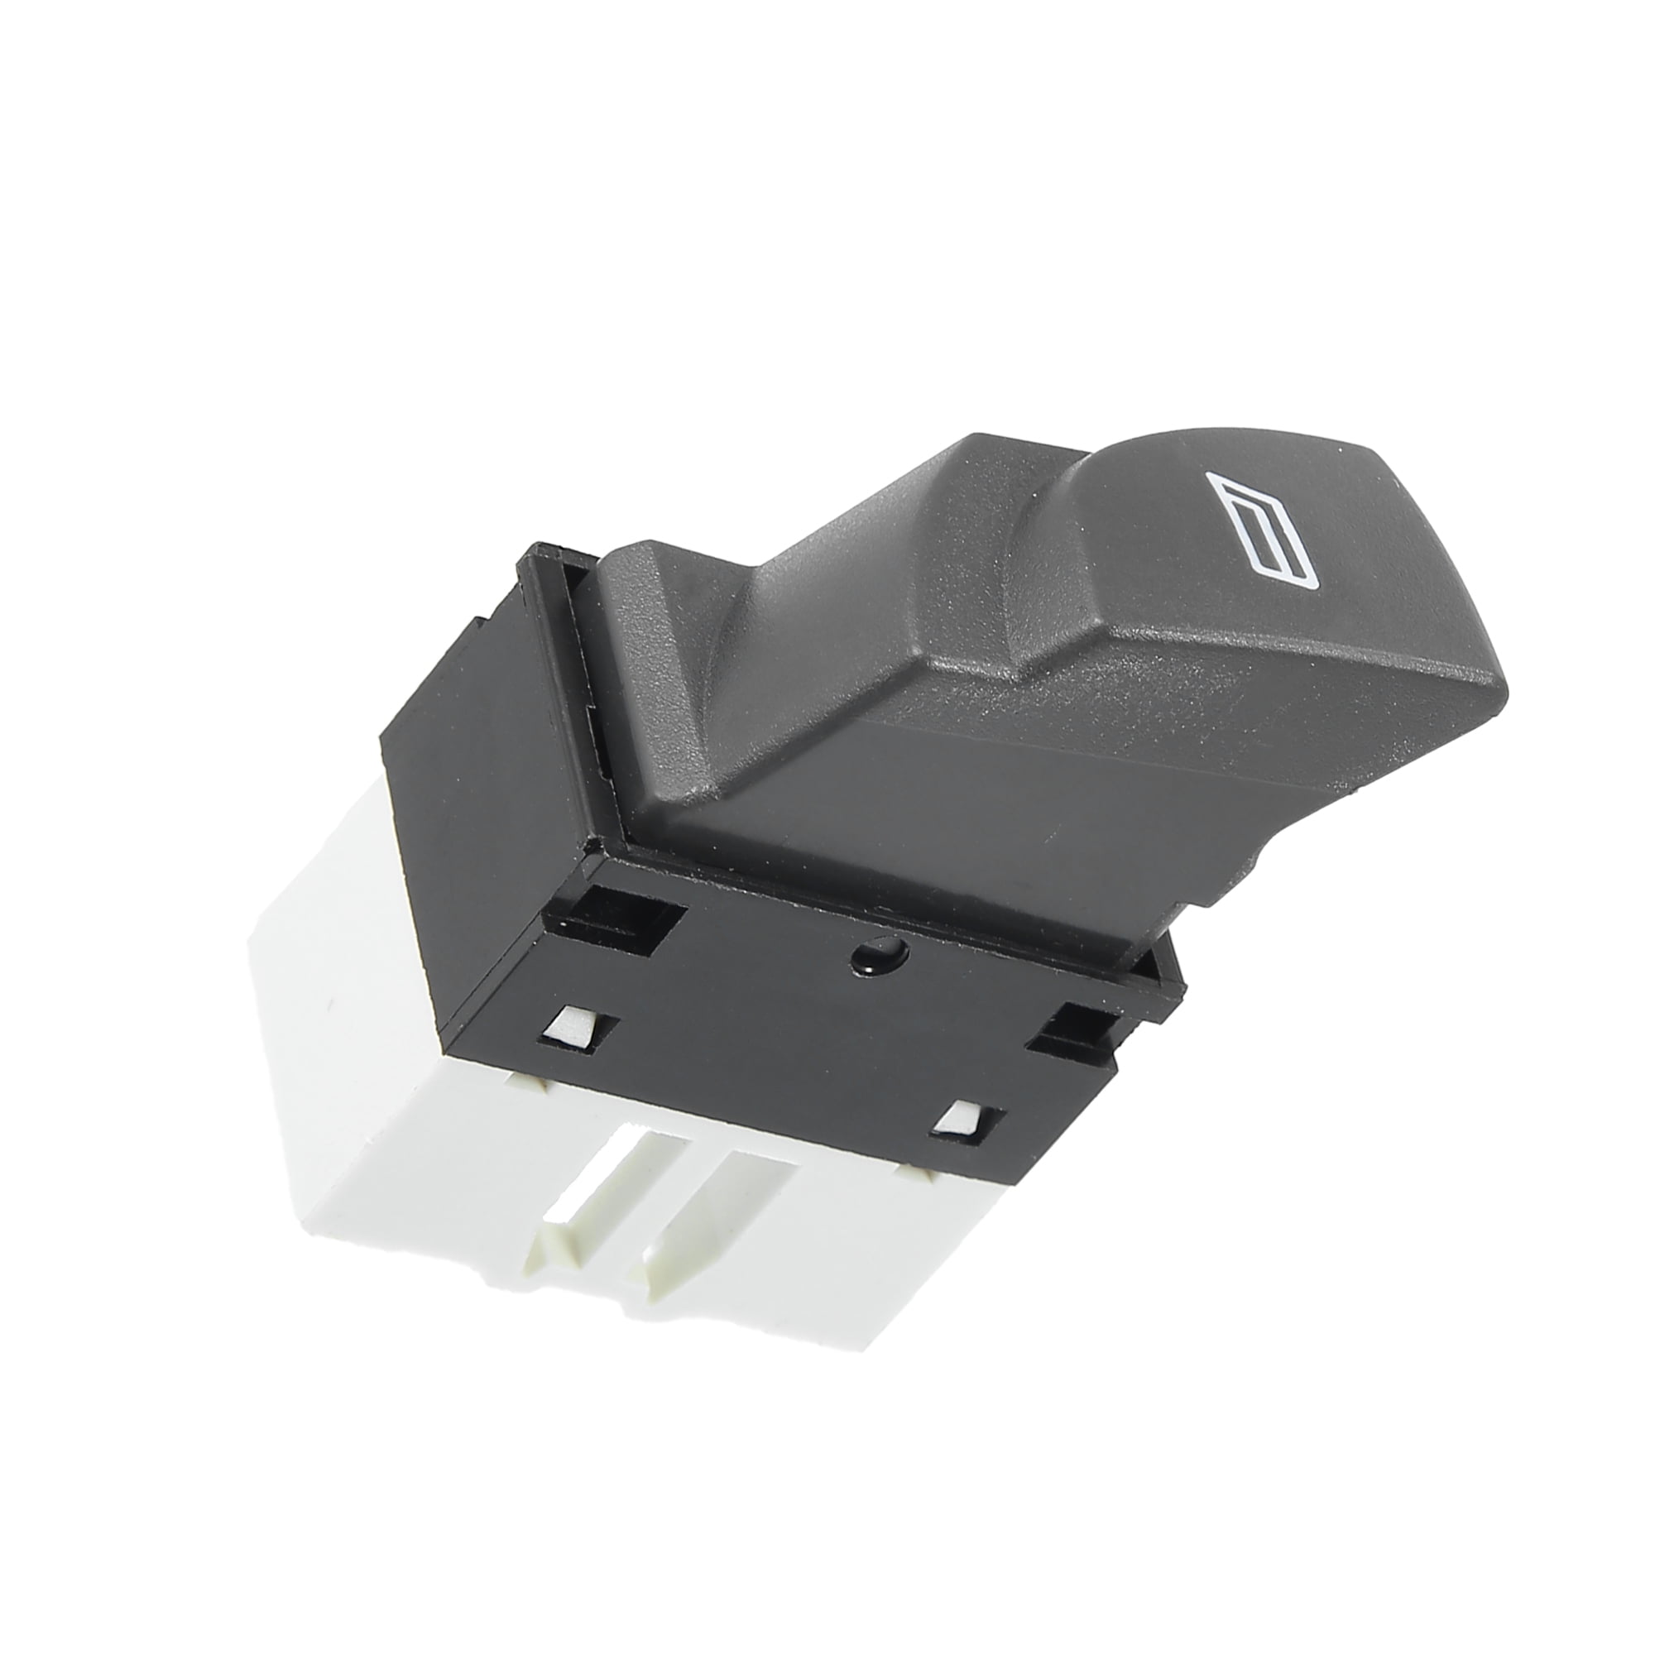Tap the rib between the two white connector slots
660,1216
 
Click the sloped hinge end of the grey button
651,600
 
